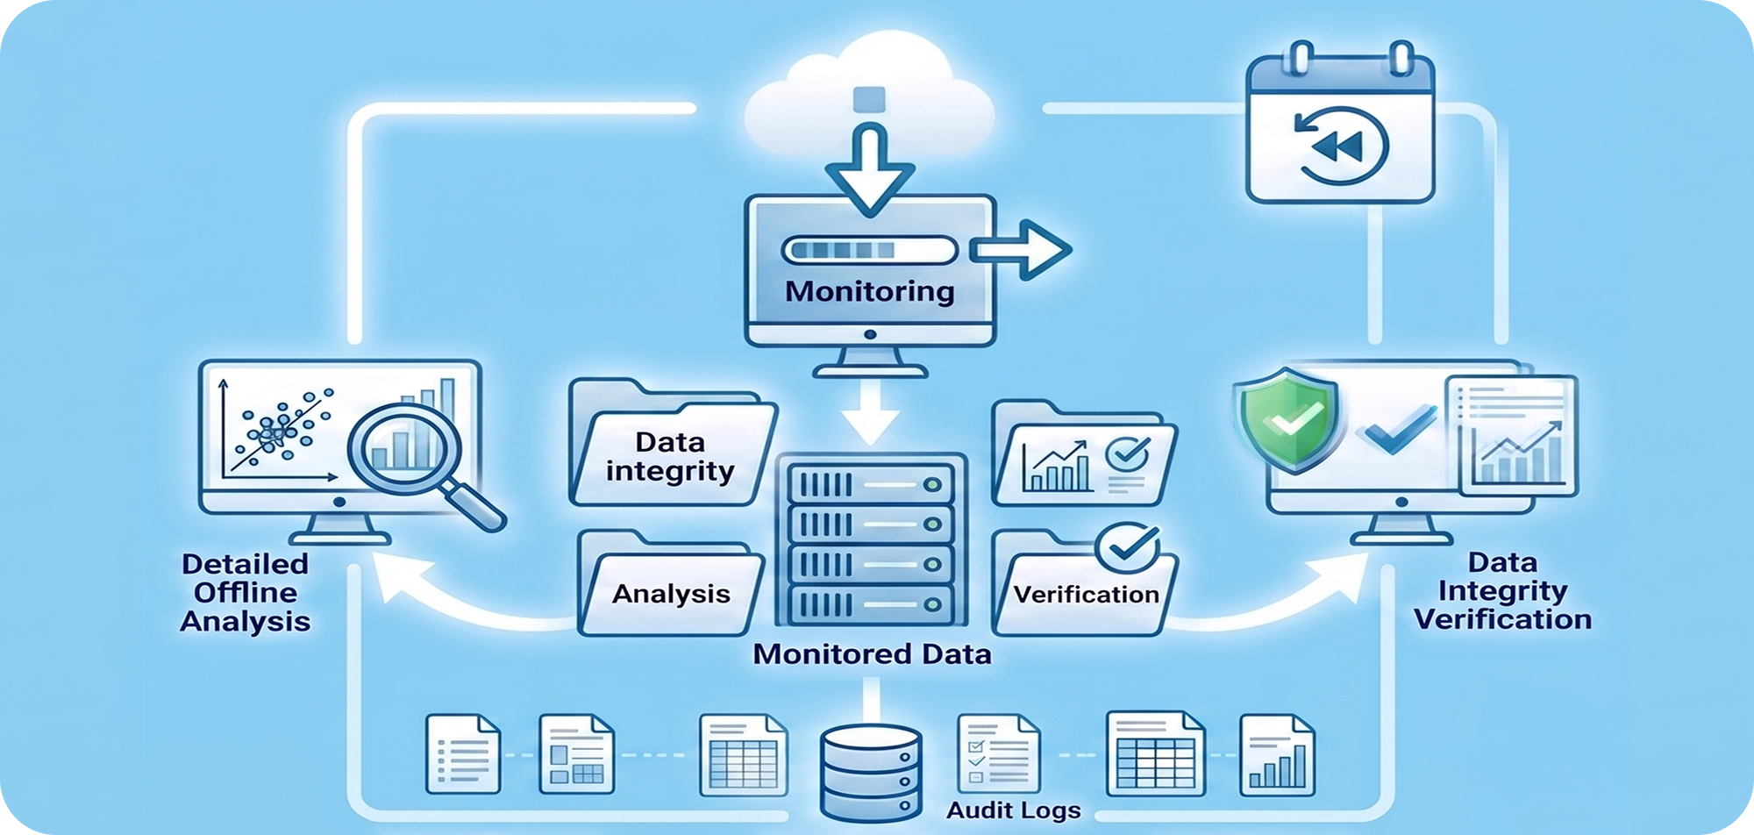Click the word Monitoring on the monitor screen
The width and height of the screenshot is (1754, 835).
869,291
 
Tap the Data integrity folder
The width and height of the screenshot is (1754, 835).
672,443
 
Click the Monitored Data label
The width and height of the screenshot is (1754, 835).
872,654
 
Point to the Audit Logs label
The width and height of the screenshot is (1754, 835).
1013,810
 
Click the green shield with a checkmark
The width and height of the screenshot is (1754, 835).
1287,420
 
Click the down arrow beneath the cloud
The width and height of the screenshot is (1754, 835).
869,169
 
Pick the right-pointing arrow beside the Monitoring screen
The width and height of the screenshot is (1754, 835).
1021,250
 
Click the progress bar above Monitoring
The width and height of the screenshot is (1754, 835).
869,250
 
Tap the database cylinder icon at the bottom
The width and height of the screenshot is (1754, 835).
870,772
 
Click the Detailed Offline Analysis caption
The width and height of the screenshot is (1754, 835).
246,593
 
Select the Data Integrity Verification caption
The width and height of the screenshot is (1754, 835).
1502,591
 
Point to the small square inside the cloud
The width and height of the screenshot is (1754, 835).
869,99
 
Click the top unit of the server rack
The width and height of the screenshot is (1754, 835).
870,483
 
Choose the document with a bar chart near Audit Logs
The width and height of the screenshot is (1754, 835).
1277,755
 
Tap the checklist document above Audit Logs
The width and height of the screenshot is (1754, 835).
998,753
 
